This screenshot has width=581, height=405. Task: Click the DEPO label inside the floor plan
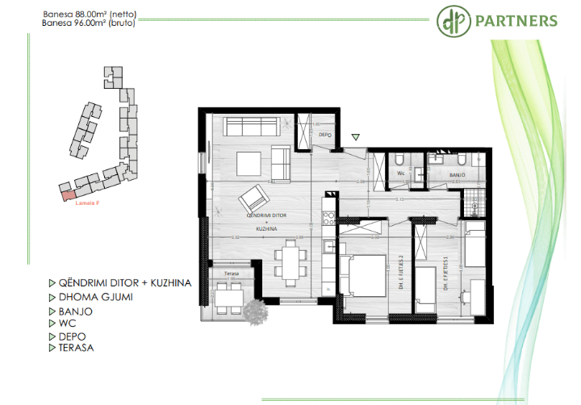click(x=325, y=135)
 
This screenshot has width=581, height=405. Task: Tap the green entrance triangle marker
click(x=356, y=136)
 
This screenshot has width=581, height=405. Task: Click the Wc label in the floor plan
click(x=400, y=173)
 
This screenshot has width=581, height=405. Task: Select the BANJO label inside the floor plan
click(x=457, y=173)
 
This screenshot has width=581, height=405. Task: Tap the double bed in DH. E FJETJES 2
click(x=359, y=274)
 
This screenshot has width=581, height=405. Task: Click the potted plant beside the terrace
click(x=257, y=310)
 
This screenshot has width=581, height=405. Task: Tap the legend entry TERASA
click(x=76, y=348)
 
